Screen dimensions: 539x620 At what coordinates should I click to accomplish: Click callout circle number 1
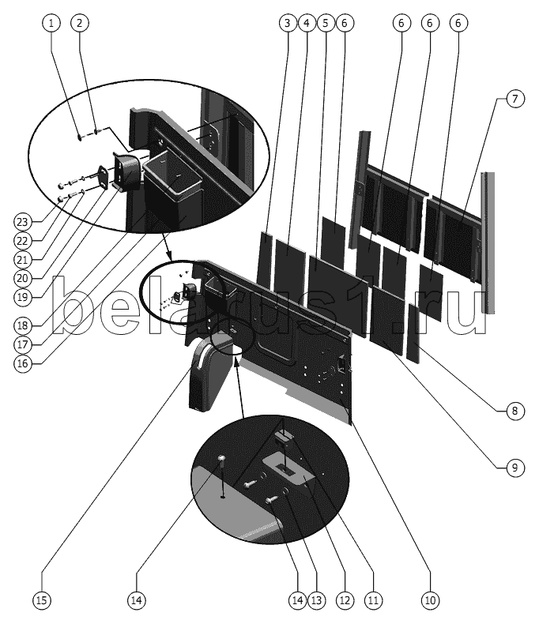tap(51, 23)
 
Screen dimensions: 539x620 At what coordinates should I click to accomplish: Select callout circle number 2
tap(80, 23)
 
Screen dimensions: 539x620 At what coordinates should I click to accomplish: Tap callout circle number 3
tap(288, 23)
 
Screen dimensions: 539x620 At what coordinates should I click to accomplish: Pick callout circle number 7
tap(514, 99)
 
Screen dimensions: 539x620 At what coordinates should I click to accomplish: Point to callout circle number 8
tap(514, 411)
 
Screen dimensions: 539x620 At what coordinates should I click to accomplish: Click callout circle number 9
tap(514, 468)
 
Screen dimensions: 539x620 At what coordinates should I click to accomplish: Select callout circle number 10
tap(430, 600)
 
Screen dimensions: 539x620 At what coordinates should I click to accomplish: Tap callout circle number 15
tap(42, 600)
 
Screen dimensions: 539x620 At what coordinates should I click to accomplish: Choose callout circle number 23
tap(23, 222)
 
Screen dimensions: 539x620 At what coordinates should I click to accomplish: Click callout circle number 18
tap(23, 326)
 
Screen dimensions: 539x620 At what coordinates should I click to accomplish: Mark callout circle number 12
tap(345, 600)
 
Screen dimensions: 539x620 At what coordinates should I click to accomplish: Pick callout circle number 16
tap(23, 363)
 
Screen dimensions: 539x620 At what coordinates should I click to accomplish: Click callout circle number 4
tap(307, 23)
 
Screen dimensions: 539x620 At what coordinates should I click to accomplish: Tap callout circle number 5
tap(326, 23)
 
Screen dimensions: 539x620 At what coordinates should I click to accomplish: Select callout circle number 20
tap(23, 278)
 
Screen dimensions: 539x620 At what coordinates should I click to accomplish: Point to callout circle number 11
tap(373, 600)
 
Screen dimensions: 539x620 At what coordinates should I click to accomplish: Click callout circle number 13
tap(316, 600)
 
